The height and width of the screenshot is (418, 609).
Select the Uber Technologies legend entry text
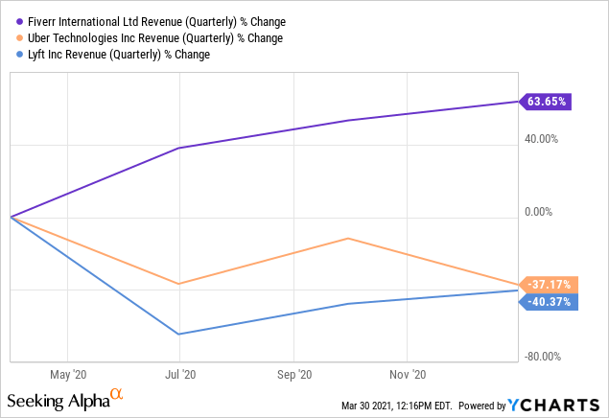[152, 38]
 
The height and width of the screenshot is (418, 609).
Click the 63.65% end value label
[547, 101]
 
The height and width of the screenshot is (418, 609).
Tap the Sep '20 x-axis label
[294, 376]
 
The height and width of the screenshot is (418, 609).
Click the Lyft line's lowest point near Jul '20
[179, 334]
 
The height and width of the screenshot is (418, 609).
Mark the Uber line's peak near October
[348, 239]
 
